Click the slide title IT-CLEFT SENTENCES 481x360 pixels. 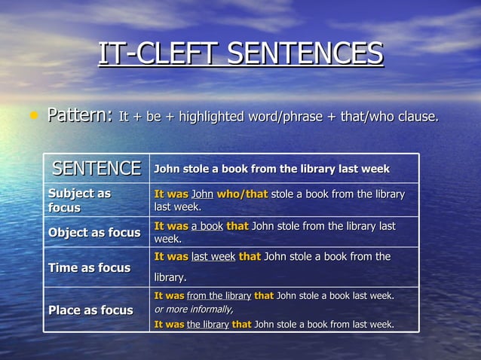240,54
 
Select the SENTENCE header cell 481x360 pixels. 96,168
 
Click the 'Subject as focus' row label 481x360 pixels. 79,200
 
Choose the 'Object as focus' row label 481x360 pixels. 94,233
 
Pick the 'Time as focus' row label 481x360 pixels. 89,267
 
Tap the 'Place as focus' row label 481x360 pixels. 90,310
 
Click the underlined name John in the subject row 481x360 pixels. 203,194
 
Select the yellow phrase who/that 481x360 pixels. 242,194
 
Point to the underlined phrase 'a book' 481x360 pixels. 207,226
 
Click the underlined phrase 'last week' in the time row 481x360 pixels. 213,257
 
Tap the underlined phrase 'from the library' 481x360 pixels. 219,295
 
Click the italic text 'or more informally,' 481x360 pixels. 194,310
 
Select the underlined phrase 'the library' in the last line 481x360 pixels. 207,325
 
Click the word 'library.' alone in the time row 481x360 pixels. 170,278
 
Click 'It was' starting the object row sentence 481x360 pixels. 171,226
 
